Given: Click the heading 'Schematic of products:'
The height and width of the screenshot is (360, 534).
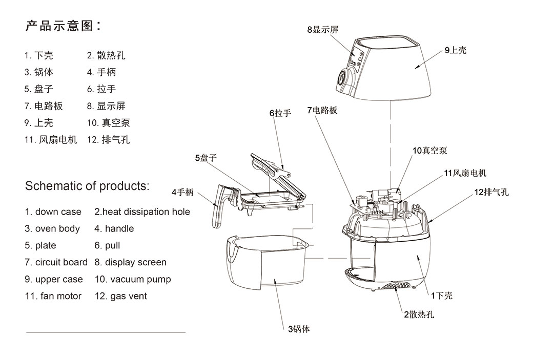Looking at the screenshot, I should point(87,186).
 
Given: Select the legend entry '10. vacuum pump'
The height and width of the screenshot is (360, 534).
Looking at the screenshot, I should point(133,279).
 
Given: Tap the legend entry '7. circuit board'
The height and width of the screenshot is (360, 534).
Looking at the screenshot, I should point(56,262).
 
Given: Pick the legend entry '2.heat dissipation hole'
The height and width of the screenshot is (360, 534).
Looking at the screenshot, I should point(142,212).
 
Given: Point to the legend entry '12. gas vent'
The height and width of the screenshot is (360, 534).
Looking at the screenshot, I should point(120,296).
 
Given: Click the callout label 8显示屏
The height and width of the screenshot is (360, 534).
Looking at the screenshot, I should point(323,30).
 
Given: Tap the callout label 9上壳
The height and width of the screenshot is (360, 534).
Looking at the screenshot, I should point(456,50).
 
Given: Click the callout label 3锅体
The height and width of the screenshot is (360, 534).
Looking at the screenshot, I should point(299,329).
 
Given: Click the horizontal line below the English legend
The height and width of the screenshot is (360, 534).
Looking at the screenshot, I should point(106,332).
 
